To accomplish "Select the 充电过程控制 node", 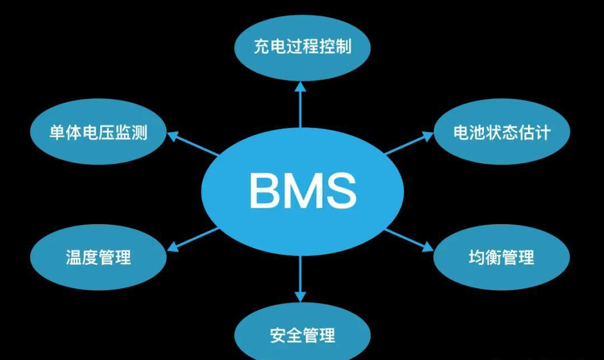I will (302, 46).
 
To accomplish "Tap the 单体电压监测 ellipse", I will (98, 133).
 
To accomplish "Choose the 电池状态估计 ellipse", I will (502, 132).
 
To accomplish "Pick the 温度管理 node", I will (98, 257).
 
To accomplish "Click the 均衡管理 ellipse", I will (502, 257).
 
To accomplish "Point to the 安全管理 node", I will (302, 335).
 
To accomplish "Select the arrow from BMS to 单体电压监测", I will (193, 144).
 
